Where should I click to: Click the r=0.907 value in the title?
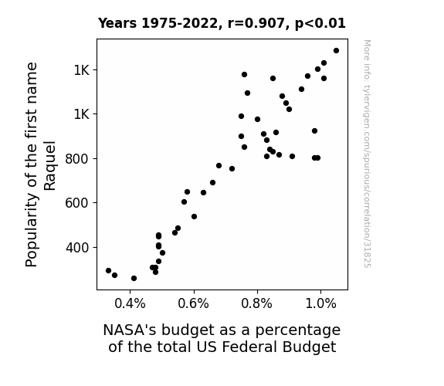coord(256,23)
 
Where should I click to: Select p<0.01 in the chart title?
coord(320,24)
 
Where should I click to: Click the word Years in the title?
coord(117,23)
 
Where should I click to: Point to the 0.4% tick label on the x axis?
coord(130,304)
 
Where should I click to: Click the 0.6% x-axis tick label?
coord(193,304)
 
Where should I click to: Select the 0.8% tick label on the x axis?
coord(257,304)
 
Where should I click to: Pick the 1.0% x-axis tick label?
coord(320,304)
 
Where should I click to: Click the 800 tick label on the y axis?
coord(76,159)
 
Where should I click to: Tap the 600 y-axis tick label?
coord(76,203)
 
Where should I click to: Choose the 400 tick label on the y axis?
coord(76,248)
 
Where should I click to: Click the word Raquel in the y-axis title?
coord(50,165)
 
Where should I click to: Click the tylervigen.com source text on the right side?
coord(367,154)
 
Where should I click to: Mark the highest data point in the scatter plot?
coord(336,51)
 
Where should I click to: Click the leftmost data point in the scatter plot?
coord(108,270)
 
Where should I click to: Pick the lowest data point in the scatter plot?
coord(134,279)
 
